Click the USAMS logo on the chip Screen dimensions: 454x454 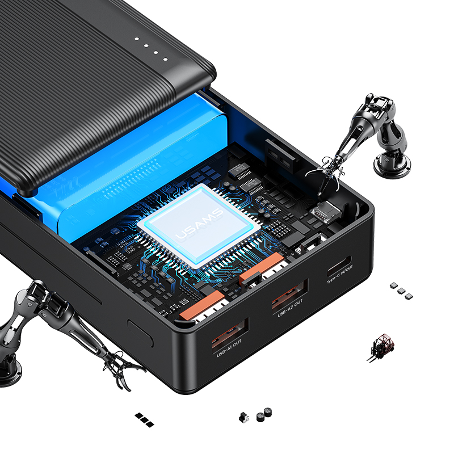point(200,224)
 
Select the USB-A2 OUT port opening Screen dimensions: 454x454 point(290,294)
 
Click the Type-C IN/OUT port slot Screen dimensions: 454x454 point(339,266)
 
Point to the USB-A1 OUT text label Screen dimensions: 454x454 point(229,348)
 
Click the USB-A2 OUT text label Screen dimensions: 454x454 point(290,308)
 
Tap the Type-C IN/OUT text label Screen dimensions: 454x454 point(340,275)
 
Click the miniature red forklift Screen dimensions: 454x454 point(381,347)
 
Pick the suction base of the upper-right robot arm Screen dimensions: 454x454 point(392,165)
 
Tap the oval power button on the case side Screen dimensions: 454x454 point(140,333)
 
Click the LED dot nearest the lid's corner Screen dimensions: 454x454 point(165,60)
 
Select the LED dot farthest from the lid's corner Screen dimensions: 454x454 point(137,39)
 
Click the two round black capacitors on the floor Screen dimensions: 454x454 point(264,415)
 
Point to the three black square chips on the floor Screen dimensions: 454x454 point(145,419)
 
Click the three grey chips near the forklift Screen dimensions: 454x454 point(401,291)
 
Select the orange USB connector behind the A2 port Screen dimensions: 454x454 point(261,266)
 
